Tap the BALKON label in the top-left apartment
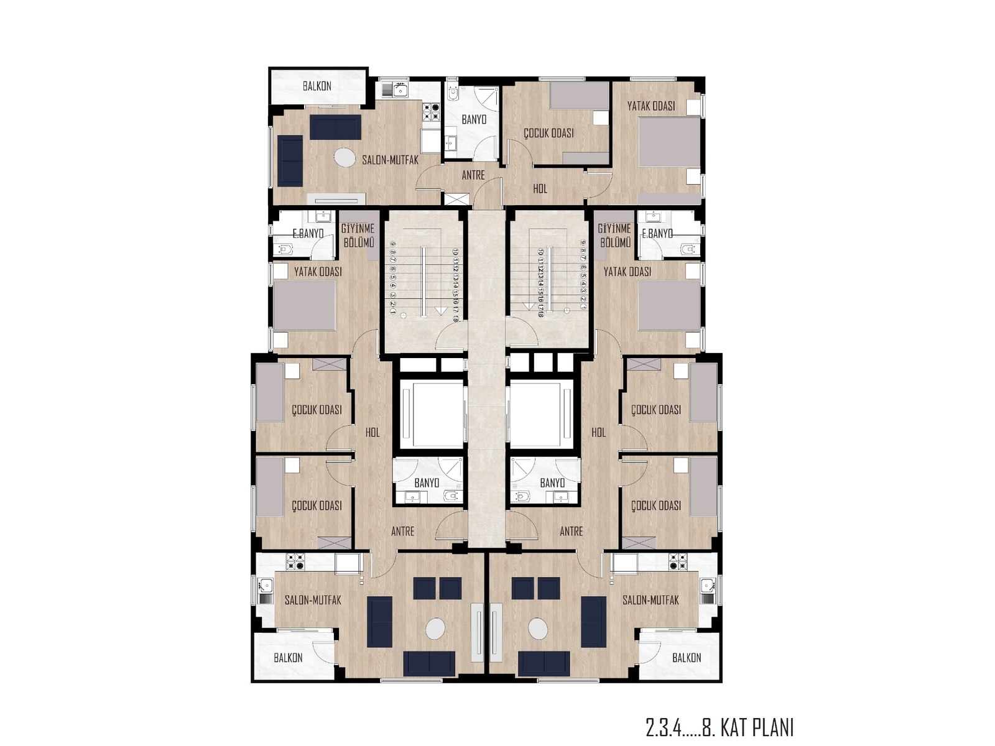[x=317, y=86]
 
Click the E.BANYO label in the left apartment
[x=308, y=234]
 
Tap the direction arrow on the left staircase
[x=441, y=309]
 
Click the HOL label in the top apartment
[x=540, y=188]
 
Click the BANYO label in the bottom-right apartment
[x=552, y=482]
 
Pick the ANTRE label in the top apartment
[x=473, y=175]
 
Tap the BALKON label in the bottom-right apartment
[x=687, y=657]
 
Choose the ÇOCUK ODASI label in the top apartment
[x=548, y=133]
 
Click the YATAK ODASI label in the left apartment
[x=318, y=272]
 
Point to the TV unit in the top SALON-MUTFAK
[x=336, y=200]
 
